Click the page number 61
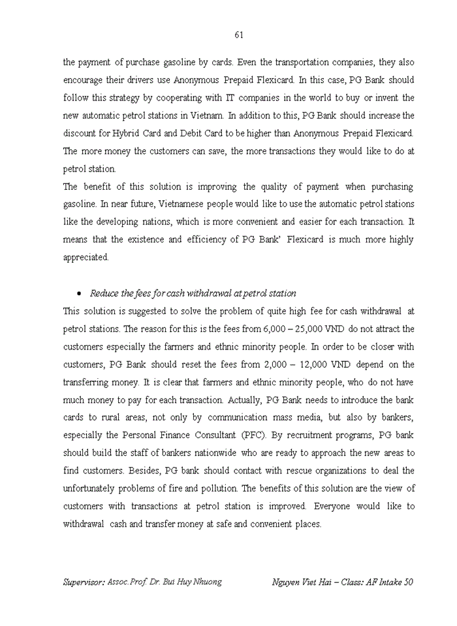[x=239, y=35]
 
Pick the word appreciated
[x=86, y=257]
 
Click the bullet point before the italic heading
[x=78, y=293]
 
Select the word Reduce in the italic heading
[x=104, y=293]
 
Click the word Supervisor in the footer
[x=87, y=582]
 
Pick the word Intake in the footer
[x=385, y=582]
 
